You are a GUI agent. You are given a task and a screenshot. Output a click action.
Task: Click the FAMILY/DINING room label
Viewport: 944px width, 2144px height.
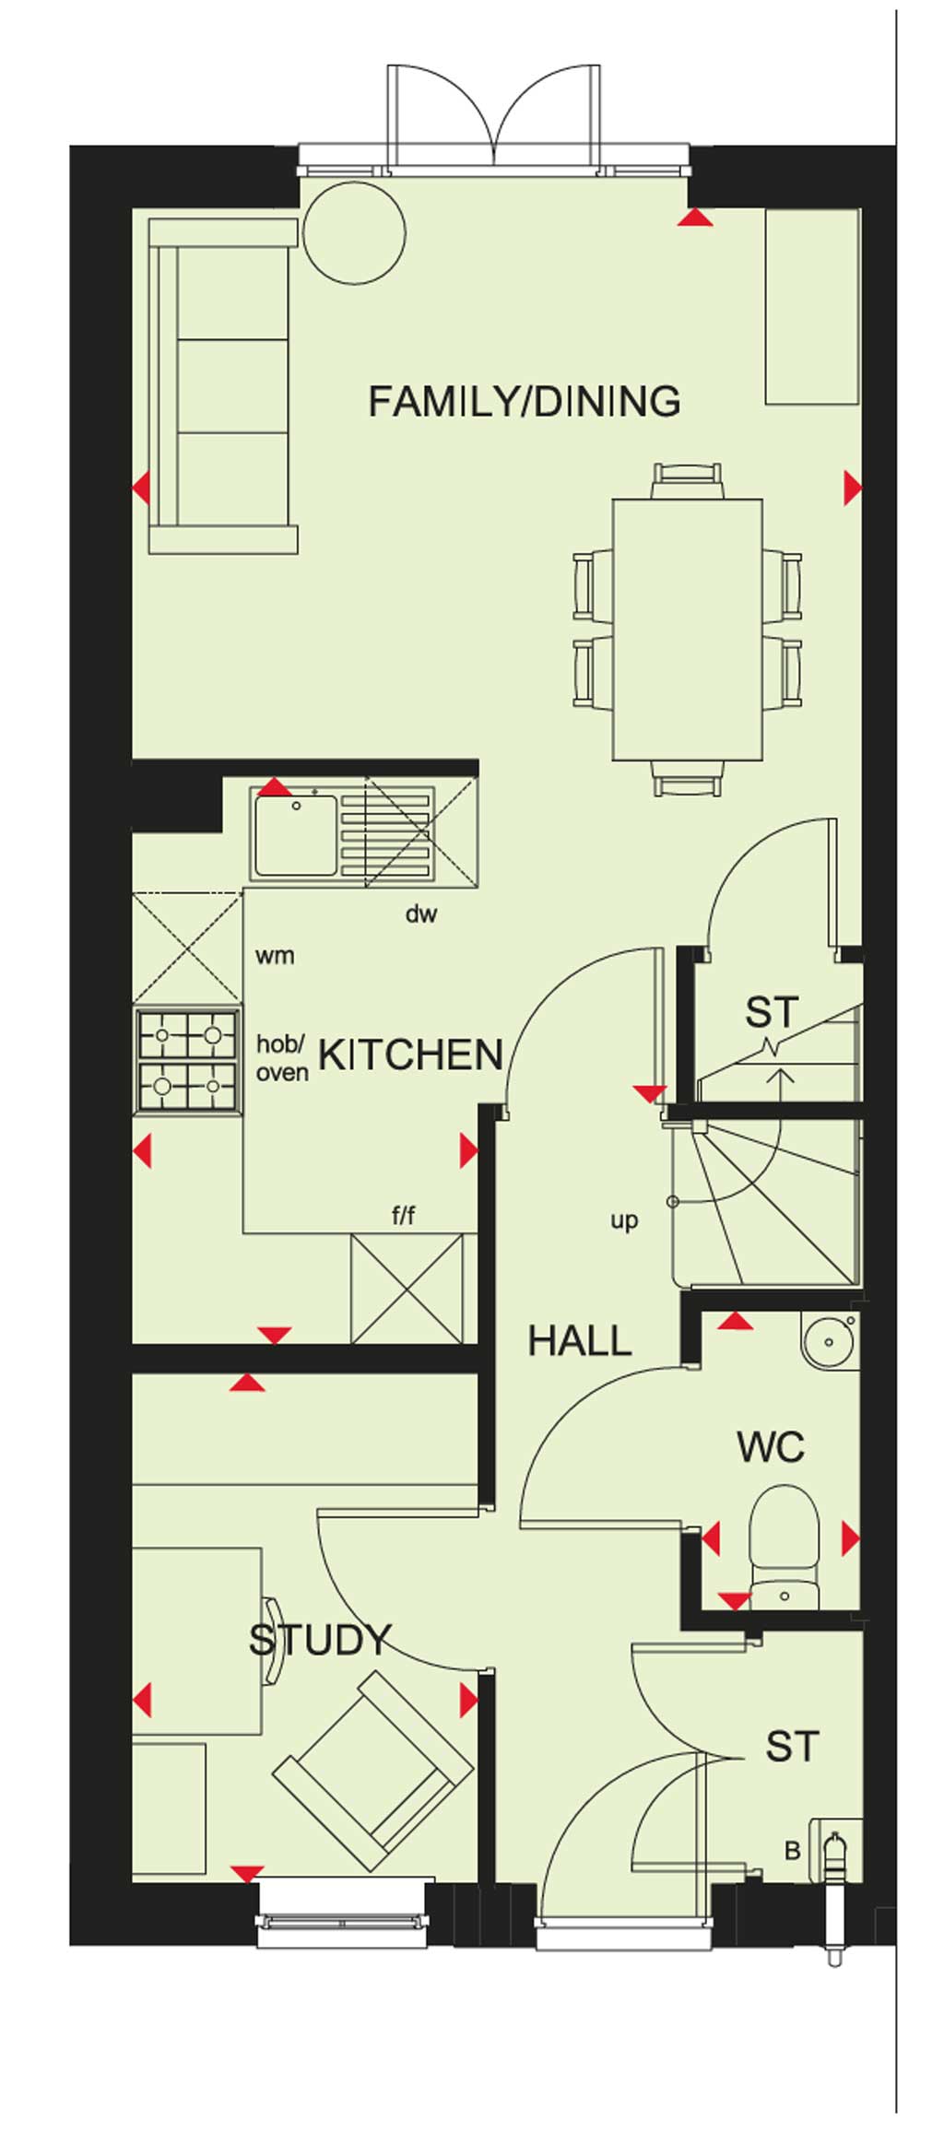pos(525,402)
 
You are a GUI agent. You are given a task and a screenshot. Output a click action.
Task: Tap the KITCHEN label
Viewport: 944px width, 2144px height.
pos(411,1055)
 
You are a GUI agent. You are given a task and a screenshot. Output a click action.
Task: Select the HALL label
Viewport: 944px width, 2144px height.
pos(580,1341)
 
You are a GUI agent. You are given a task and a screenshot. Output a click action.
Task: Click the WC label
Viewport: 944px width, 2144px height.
pos(771,1447)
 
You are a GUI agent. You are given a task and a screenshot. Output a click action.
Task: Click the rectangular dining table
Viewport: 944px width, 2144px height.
pos(688,630)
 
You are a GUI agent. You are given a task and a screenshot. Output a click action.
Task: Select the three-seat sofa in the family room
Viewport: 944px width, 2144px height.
pos(223,386)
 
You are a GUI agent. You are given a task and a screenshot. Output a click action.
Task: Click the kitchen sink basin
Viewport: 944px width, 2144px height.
pos(296,835)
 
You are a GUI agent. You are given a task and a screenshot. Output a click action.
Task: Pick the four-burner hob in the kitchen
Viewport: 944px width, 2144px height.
pos(187,1060)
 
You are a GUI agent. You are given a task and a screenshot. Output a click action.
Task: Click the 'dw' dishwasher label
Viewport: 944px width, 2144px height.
pos(421,914)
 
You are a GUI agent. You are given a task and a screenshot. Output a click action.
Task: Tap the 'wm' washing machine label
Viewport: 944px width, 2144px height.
pos(275,956)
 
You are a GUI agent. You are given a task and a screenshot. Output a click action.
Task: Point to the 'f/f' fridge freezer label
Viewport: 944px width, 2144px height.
pos(403,1216)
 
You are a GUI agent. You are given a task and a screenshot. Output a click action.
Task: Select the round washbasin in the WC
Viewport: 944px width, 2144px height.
pos(830,1342)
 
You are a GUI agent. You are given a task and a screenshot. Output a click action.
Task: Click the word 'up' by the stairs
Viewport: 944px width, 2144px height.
pos(624,1221)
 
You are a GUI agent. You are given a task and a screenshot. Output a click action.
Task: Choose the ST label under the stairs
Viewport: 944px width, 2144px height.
pos(772,1013)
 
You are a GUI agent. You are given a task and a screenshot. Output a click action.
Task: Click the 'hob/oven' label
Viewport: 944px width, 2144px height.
pos(282,1058)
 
